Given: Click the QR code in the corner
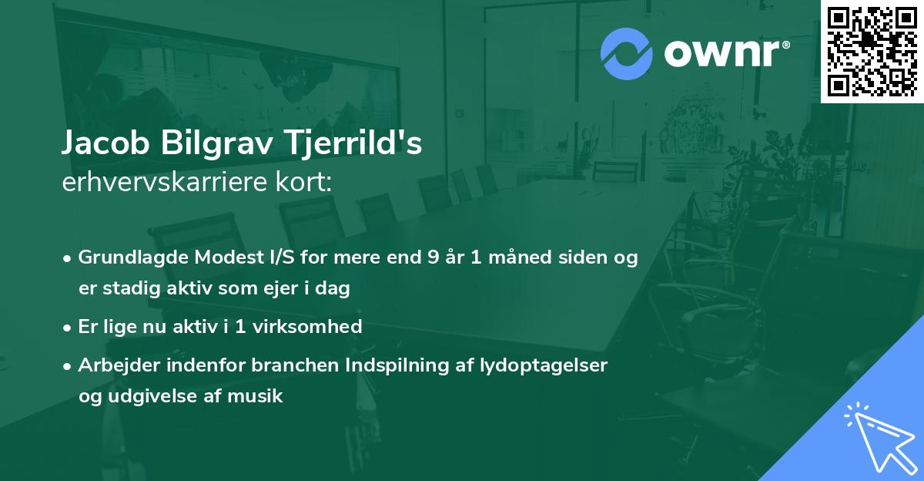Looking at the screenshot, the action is pos(872,51).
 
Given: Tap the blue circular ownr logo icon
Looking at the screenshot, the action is pos(626,54).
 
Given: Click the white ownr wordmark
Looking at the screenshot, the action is pos(726,53).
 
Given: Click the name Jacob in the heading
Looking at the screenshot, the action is pos(105,143).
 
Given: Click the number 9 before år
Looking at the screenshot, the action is pos(433,257).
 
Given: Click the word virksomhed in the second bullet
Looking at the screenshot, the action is pos(307,326).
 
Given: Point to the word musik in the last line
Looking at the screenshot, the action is pos(255,396).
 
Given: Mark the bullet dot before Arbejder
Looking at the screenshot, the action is pos(67,366).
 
